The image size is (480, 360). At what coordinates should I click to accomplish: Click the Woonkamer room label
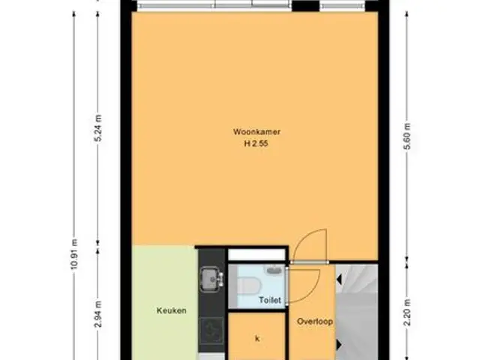pyautogui.click(x=256, y=132)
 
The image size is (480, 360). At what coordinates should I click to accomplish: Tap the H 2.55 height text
pyautogui.click(x=256, y=143)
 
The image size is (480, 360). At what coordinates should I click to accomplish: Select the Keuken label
pyautogui.click(x=172, y=310)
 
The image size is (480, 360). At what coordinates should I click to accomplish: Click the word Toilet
pyautogui.click(x=270, y=300)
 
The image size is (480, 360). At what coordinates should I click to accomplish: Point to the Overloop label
pyautogui.click(x=315, y=322)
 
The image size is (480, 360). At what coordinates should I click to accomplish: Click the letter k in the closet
pyautogui.click(x=257, y=338)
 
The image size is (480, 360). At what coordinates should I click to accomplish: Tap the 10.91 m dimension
pyautogui.click(x=74, y=255)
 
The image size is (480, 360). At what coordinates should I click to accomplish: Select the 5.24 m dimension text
pyautogui.click(x=98, y=128)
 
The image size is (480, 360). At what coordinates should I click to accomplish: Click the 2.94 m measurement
pyautogui.click(x=98, y=314)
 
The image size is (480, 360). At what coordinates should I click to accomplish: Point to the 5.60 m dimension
pyautogui.click(x=407, y=136)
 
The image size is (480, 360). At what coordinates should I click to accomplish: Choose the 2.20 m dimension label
pyautogui.click(x=407, y=313)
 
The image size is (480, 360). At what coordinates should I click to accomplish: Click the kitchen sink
pyautogui.click(x=210, y=279)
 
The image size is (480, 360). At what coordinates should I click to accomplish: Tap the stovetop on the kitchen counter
pyautogui.click(x=211, y=331)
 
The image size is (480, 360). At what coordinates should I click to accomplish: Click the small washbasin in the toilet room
pyautogui.click(x=274, y=269)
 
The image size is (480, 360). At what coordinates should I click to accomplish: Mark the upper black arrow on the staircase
pyautogui.click(x=339, y=279)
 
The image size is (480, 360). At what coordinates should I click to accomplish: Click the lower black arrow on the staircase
pyautogui.click(x=339, y=344)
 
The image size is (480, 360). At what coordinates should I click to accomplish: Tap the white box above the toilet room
pyautogui.click(x=256, y=255)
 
